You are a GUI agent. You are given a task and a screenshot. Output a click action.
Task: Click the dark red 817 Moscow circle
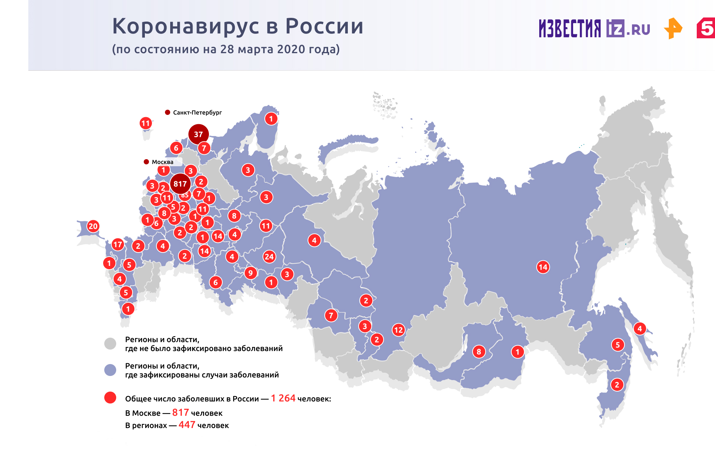[180, 184]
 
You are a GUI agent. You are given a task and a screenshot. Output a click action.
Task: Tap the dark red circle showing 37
[198, 134]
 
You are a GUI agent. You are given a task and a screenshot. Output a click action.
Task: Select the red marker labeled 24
[269, 257]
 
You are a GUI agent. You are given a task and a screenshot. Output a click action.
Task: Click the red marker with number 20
[93, 226]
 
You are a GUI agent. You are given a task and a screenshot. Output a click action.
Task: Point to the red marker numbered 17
[118, 244]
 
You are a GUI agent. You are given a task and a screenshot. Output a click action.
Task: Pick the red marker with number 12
[398, 329]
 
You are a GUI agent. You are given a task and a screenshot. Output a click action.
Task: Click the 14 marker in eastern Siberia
[543, 267]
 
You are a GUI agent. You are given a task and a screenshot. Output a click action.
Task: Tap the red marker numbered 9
[251, 273]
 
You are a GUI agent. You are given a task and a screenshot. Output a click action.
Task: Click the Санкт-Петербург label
[197, 112]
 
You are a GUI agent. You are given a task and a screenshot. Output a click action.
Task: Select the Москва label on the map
[162, 162]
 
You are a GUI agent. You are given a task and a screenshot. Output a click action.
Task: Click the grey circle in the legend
[110, 344]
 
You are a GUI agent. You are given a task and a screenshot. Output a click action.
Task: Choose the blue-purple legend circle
[110, 370]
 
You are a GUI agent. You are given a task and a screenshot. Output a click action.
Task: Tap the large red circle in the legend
[110, 398]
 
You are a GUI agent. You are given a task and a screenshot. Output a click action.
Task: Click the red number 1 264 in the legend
[283, 398]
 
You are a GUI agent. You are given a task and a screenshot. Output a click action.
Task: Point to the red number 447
[187, 425]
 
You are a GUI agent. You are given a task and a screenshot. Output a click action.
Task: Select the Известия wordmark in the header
[570, 29]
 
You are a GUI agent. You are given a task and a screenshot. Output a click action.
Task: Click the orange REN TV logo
[673, 28]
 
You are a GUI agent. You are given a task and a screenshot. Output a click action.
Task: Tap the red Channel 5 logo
[706, 28]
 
